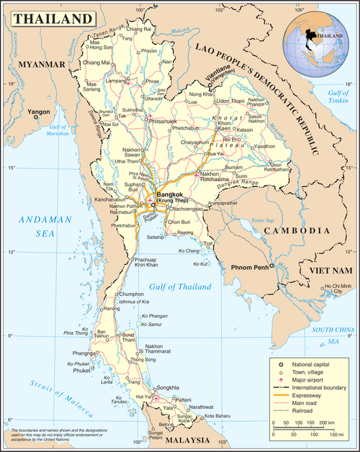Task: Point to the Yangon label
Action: [38, 113]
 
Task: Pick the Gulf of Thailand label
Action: [180, 286]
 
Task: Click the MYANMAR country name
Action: [36, 64]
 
